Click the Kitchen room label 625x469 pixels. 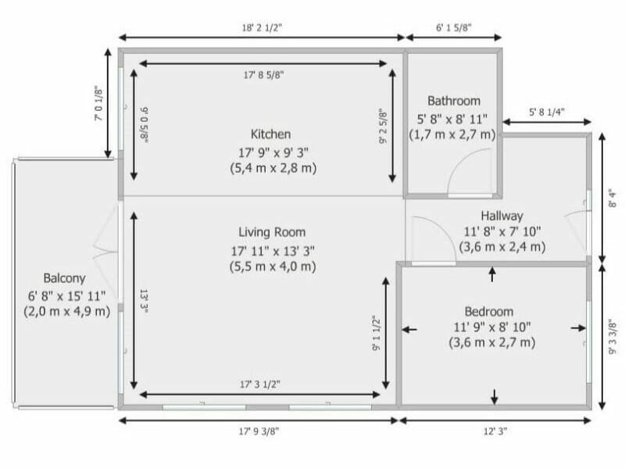point(270,134)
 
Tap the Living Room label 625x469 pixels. point(272,232)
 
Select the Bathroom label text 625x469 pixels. point(453,101)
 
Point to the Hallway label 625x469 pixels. point(502,216)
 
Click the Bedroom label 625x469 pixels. point(489,310)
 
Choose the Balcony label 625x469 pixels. point(64,277)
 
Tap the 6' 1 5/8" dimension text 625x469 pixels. point(458,27)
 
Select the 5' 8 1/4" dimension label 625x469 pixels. point(547,112)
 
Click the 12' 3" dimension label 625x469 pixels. point(495,430)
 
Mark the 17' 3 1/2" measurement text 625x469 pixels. point(261,384)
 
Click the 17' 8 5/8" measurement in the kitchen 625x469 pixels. point(263,76)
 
